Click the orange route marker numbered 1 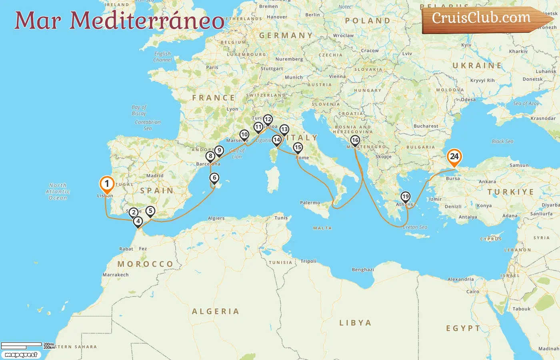(107, 184)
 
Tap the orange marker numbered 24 (454, 156)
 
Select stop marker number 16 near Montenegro (355, 140)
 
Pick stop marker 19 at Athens (405, 196)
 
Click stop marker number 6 (214, 178)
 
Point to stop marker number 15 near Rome (298, 148)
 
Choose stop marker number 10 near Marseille (244, 135)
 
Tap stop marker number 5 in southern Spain (150, 211)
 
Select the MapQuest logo (21, 355)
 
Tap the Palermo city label (310, 203)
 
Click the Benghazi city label (363, 270)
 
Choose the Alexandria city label (460, 279)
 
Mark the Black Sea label (502, 141)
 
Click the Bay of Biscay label (139, 110)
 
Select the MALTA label (322, 228)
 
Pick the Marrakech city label (116, 275)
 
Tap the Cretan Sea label (415, 227)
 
